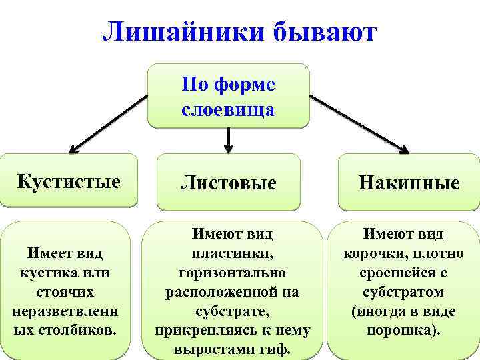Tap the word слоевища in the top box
point(228,109)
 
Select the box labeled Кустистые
point(69,181)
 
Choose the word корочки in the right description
point(371,254)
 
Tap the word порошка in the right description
point(398,330)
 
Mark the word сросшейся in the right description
point(393,273)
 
